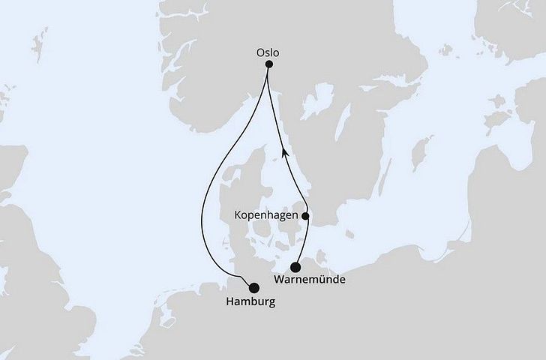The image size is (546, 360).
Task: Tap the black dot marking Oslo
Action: (x=269, y=65)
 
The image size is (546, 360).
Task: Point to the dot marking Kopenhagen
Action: (x=305, y=216)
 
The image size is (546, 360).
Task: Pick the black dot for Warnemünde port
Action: (x=296, y=267)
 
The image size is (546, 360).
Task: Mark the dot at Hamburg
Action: (x=253, y=287)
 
